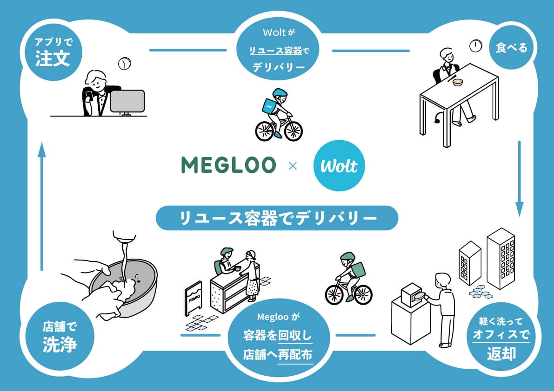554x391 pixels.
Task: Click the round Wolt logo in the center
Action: pyautogui.click(x=339, y=165)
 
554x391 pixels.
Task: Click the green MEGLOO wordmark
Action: pyautogui.click(x=228, y=165)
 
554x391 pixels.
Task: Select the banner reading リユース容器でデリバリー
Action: pyautogui.click(x=277, y=218)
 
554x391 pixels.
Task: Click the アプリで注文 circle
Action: pyautogui.click(x=53, y=52)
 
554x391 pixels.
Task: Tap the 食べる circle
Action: pyautogui.click(x=511, y=47)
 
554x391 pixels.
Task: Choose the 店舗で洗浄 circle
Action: pyautogui.click(x=60, y=336)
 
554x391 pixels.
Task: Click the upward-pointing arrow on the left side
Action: pyautogui.click(x=42, y=207)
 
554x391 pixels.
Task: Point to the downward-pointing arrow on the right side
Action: pyautogui.click(x=519, y=179)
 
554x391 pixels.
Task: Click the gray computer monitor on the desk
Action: pyautogui.click(x=127, y=102)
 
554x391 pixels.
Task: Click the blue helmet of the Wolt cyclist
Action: pyautogui.click(x=280, y=93)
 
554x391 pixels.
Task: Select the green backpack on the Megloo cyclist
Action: pyautogui.click(x=358, y=270)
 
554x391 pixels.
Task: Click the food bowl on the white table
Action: pyautogui.click(x=458, y=82)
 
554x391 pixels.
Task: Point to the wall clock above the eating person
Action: pyautogui.click(x=476, y=46)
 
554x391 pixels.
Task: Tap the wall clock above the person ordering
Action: pyautogui.click(x=124, y=64)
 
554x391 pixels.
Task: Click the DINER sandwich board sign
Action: pyautogui.click(x=194, y=298)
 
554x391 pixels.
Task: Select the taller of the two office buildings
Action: pyautogui.click(x=501, y=259)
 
